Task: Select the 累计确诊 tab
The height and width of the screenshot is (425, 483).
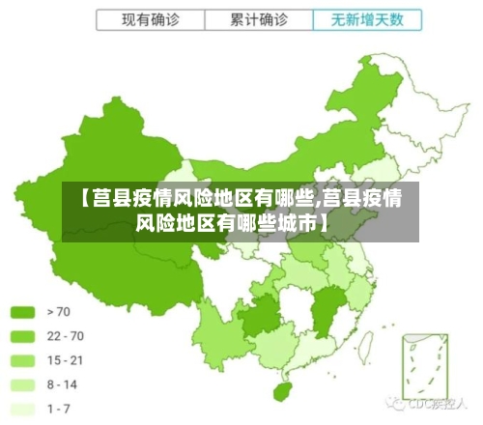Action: [x=259, y=19]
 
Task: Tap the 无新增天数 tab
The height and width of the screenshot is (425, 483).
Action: [x=367, y=19]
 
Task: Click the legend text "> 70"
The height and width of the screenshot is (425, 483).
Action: [x=58, y=312]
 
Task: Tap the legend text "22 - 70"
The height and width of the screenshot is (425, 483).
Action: [x=65, y=336]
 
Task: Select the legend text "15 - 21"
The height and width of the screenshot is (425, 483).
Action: [x=65, y=360]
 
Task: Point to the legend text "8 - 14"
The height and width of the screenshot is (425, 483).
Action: [x=62, y=384]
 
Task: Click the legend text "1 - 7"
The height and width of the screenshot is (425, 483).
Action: [x=59, y=409]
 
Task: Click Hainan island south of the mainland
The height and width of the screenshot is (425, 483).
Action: [x=282, y=391]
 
